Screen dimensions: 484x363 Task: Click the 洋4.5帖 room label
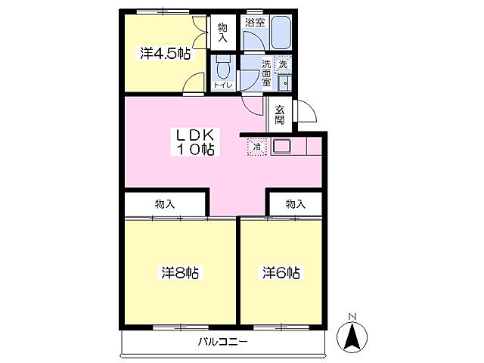tap(165, 54)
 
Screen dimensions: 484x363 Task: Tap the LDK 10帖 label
tap(195, 142)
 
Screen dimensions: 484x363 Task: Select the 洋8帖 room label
tap(180, 272)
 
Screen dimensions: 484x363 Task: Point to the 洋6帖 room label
tap(281, 272)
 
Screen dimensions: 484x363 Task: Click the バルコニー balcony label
tap(222, 342)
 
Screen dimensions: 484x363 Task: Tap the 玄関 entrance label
tap(280, 115)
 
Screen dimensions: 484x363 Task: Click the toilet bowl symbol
tap(223, 68)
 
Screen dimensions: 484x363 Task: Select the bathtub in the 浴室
tap(281, 33)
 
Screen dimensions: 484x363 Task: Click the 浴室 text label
tap(255, 22)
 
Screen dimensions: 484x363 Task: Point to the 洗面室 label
tap(266, 73)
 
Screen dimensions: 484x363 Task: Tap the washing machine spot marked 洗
tap(283, 64)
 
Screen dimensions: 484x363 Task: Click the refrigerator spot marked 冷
tap(256, 147)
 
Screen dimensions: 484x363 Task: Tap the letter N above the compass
tap(352, 317)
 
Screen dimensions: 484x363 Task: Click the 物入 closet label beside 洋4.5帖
tap(222, 33)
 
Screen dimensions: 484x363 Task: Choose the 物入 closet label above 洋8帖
tap(165, 203)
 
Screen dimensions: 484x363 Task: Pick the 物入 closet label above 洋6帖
tap(296, 203)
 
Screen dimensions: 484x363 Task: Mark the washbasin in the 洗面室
tap(284, 82)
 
